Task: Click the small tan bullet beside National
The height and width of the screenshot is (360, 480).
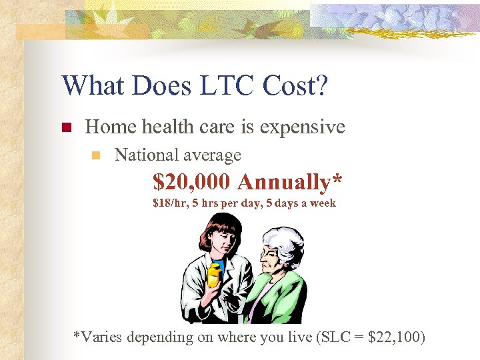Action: point(95,155)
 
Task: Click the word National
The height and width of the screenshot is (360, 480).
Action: point(145,155)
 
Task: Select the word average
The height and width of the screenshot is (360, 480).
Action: point(211,155)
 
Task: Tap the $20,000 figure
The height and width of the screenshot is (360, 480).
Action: point(192,181)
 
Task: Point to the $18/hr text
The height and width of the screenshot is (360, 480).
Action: point(167,203)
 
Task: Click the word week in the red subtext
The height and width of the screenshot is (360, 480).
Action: point(322,203)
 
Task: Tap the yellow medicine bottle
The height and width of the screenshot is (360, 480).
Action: point(213,273)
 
